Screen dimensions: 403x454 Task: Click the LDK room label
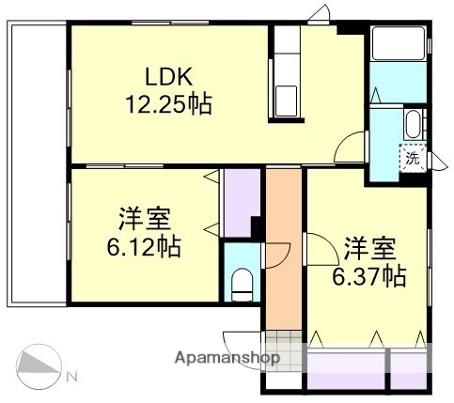click(x=170, y=76)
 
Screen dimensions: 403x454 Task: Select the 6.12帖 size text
click(x=144, y=247)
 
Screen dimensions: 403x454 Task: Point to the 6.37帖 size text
click(x=368, y=277)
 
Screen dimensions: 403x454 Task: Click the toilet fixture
click(x=242, y=282)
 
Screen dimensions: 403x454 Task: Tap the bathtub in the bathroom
click(x=399, y=45)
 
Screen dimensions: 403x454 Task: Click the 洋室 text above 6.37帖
click(x=368, y=250)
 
